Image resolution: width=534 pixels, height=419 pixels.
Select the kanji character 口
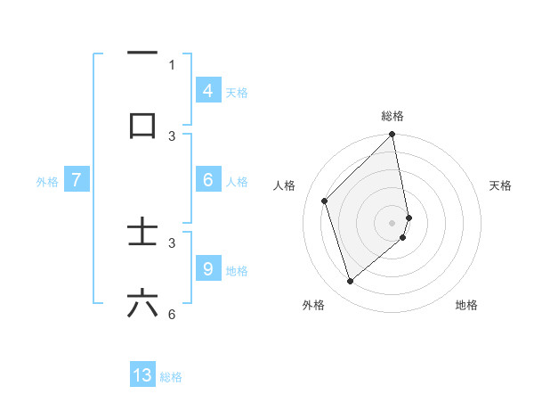click(x=142, y=125)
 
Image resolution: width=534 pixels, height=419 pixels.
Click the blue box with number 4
click(x=207, y=90)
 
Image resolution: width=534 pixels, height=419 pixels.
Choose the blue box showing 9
click(x=207, y=268)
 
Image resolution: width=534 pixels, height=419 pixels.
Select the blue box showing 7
click(x=77, y=180)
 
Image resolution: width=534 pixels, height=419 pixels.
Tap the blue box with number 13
click(x=142, y=375)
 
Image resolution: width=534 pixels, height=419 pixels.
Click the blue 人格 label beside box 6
click(x=237, y=181)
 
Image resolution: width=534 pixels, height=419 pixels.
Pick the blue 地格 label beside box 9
click(x=237, y=270)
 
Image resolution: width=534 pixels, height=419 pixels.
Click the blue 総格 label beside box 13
click(x=171, y=377)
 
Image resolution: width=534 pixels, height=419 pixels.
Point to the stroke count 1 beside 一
click(x=172, y=64)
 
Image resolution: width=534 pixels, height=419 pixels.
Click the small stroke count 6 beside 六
click(x=172, y=314)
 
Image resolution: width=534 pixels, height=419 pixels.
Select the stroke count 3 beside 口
click(x=172, y=136)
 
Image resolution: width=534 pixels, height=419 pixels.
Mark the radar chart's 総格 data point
click(x=392, y=135)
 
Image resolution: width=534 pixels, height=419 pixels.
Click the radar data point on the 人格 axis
click(x=325, y=201)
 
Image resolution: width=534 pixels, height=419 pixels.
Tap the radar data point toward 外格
click(x=350, y=281)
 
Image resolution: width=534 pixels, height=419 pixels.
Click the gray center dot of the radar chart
click(x=392, y=222)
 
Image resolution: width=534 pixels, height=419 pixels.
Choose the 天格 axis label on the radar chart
click(x=500, y=185)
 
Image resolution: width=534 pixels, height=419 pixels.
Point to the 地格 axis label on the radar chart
click(x=466, y=305)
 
